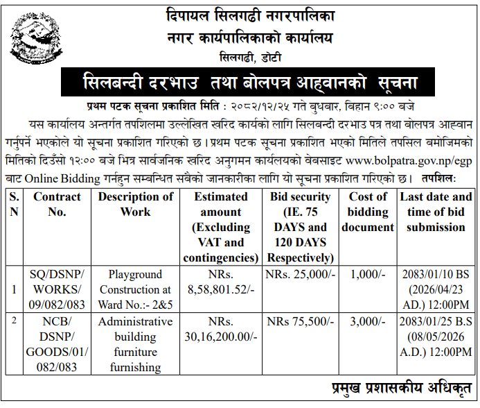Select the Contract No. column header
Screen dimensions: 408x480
pos(57,204)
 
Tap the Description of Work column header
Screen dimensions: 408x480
pos(135,204)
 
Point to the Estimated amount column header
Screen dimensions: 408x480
pos(221,227)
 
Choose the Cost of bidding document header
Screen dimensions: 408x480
pos(368,212)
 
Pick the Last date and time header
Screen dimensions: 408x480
pos(436,212)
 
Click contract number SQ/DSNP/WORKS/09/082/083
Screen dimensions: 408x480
pos(57,289)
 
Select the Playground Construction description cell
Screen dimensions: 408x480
pos(135,289)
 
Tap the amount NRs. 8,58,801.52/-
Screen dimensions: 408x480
pos(221,282)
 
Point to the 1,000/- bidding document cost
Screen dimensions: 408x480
pos(368,275)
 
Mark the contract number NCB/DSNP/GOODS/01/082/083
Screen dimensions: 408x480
pos(57,344)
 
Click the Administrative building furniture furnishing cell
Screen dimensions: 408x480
pos(135,344)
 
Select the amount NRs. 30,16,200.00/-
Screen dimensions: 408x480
pos(221,329)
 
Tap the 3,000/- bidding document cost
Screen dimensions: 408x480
pos(368,322)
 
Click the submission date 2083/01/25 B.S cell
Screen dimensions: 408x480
pos(436,337)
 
